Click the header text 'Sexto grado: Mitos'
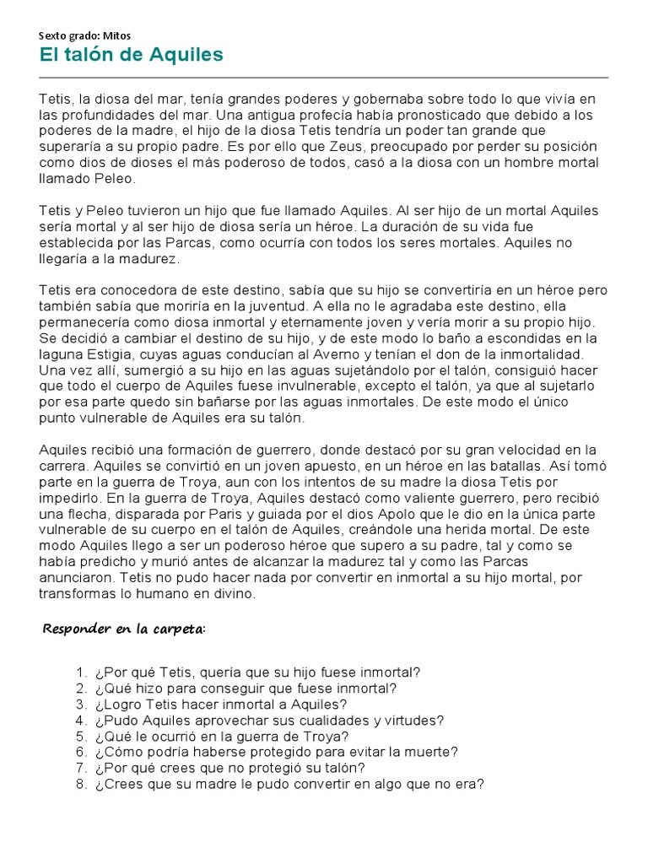point(85,35)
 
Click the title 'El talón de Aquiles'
point(131,56)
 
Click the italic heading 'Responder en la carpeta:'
point(124,629)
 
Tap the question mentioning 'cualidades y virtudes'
point(269,721)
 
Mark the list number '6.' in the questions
point(81,752)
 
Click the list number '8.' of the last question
point(81,784)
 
